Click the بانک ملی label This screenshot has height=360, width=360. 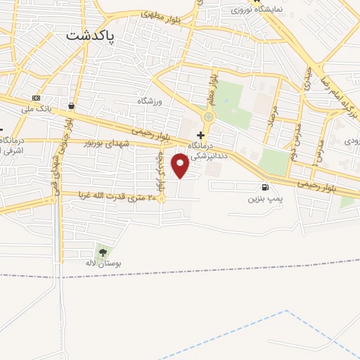pos(37,109)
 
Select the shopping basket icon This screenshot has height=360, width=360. pos(71,106)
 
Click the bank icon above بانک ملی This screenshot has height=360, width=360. pos(37,98)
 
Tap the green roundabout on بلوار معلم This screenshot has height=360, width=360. pos(208,117)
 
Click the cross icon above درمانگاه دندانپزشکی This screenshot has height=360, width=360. pos(201,134)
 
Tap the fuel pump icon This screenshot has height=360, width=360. pos(264,187)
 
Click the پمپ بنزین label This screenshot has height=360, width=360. pos(264,199)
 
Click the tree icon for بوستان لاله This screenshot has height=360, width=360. pos(103,251)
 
